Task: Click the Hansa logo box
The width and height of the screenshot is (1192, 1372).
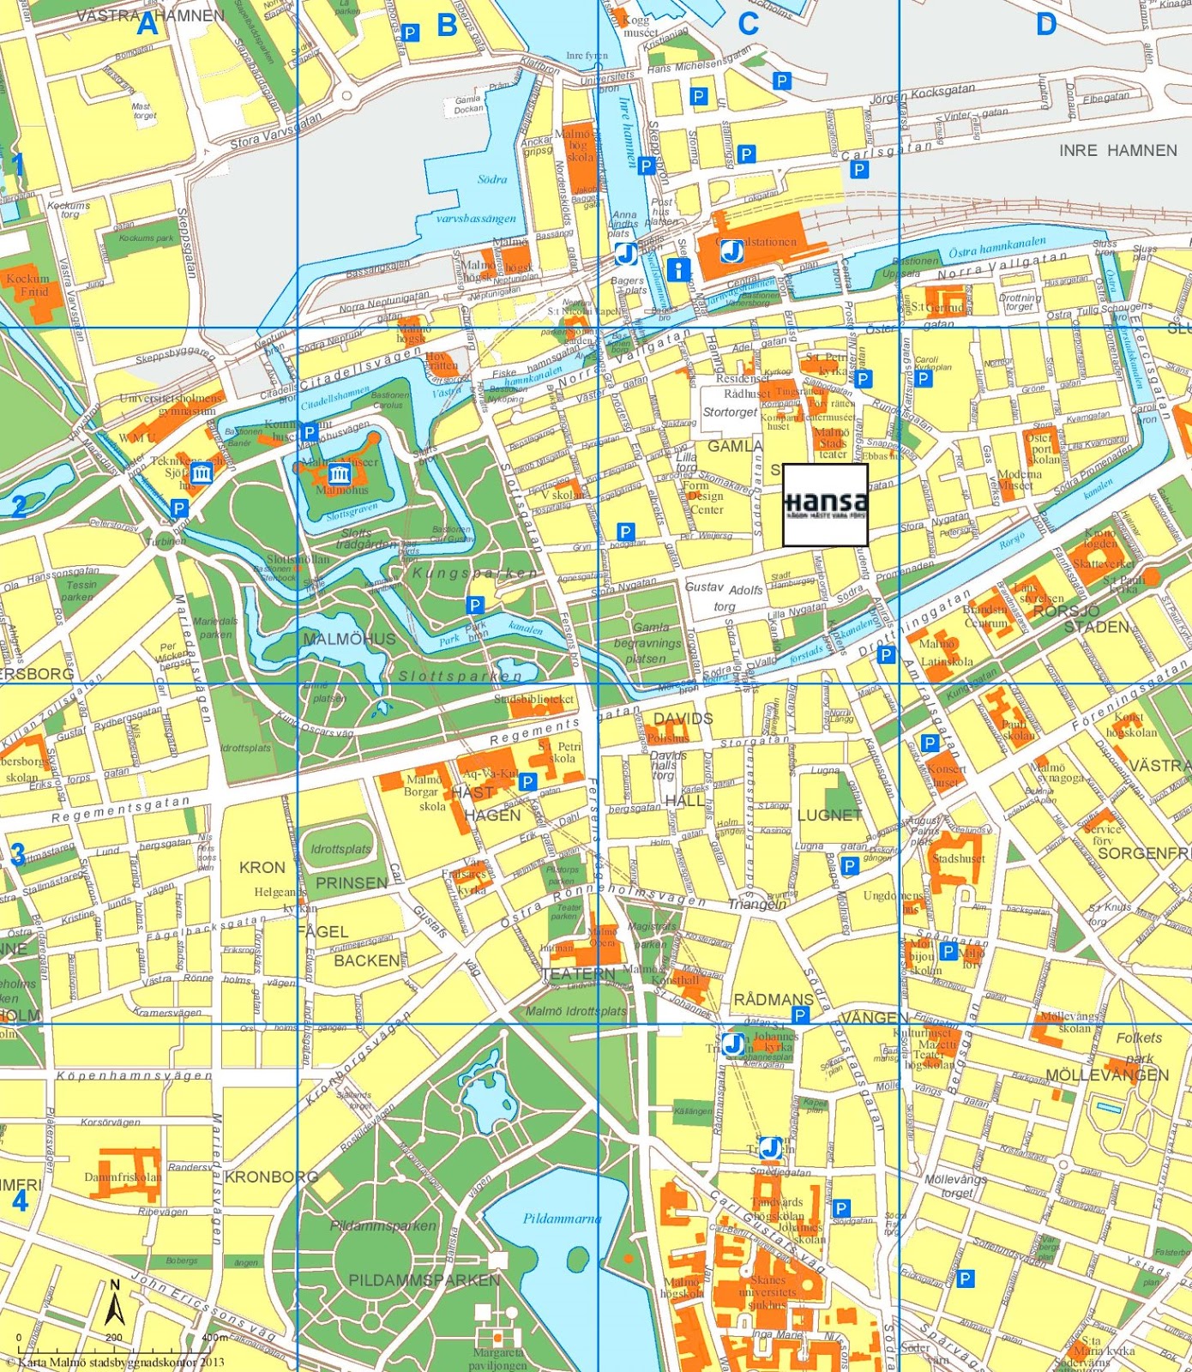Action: (x=825, y=505)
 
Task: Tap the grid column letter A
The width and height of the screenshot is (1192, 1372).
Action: (x=147, y=24)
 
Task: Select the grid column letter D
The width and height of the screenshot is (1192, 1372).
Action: (x=1045, y=24)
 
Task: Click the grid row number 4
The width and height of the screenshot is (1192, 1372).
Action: (x=19, y=1200)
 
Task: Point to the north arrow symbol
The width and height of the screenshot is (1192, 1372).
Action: (x=115, y=1304)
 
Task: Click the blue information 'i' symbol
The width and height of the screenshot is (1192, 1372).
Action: (x=678, y=270)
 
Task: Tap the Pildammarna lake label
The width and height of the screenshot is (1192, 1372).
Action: (x=562, y=1219)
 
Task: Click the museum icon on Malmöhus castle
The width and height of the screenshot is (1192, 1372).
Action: (x=340, y=474)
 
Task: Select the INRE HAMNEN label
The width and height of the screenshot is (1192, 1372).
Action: (x=1117, y=150)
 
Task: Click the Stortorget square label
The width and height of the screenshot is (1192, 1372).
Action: (x=730, y=412)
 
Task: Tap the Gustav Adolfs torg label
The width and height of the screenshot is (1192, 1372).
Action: (x=724, y=597)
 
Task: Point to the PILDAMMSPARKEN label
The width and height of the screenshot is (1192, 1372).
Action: (x=424, y=1280)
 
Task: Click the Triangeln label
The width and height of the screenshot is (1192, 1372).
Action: (x=756, y=905)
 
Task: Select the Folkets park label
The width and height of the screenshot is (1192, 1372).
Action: (x=1139, y=1045)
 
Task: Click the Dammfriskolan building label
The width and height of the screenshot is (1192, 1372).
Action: (x=123, y=1177)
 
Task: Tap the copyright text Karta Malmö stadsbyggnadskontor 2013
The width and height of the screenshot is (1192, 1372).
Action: (x=115, y=1362)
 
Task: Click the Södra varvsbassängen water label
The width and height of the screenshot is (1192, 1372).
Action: (x=477, y=199)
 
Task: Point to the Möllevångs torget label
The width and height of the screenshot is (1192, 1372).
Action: (x=955, y=1186)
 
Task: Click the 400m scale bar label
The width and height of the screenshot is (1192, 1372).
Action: (x=214, y=1337)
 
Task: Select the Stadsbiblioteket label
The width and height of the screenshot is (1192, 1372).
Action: (x=533, y=699)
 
